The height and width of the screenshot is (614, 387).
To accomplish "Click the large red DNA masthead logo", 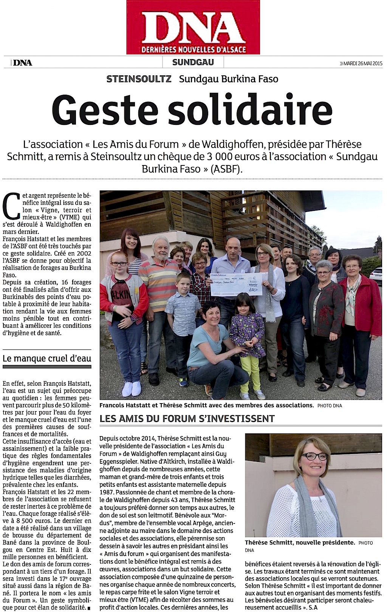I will pyautogui.click(x=193, y=27).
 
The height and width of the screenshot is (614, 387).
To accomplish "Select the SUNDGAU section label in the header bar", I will pyautogui.click(x=193, y=62).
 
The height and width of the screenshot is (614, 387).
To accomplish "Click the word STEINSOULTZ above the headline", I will pyautogui.click(x=139, y=79).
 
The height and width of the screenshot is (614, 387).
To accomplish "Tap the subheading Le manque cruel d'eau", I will pyautogui.click(x=47, y=357).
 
